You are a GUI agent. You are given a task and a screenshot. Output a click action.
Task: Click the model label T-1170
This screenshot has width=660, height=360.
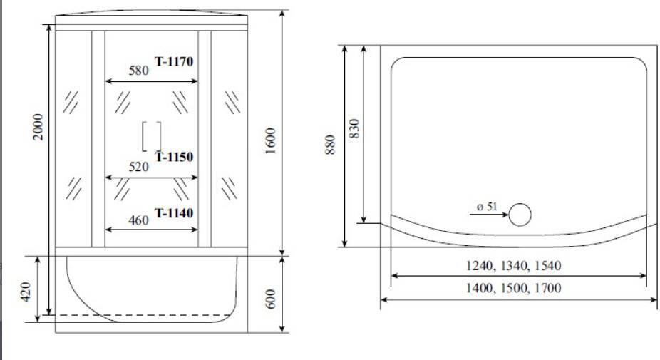point(174,61)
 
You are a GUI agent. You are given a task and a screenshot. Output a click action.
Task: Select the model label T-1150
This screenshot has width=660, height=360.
point(174,157)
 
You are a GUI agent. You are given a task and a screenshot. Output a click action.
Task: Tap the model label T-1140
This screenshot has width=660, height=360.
point(174,213)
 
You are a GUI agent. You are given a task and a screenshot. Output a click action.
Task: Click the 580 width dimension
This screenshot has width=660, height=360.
point(138,71)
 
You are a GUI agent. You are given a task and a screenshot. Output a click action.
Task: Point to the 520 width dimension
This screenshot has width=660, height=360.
point(138,167)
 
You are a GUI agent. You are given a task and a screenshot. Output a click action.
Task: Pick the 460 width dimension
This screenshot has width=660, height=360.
point(138,220)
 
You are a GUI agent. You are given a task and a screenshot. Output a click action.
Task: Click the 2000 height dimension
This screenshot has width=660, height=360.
point(38,127)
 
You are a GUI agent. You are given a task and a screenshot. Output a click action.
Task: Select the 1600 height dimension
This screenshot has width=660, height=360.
point(270,141)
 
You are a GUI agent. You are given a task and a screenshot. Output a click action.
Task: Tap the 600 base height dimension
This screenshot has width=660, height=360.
point(270,298)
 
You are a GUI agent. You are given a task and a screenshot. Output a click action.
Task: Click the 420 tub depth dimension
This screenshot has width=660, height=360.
point(26,292)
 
